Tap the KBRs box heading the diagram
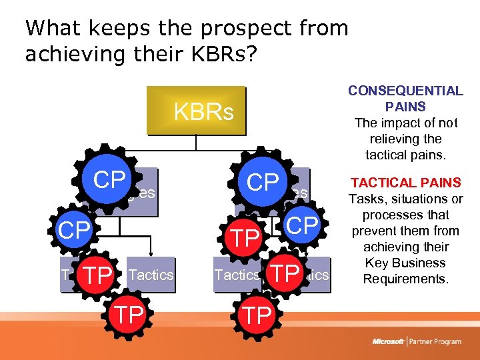coord(203,112)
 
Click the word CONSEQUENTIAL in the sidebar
coord(405,91)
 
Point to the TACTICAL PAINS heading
coord(405,183)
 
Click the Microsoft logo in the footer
coord(387,341)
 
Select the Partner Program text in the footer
coord(436,341)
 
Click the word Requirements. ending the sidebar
coord(405,279)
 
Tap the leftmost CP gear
coord(74,231)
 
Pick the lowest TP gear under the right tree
coord(257,315)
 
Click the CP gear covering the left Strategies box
coord(109,180)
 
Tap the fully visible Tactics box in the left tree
coord(151,275)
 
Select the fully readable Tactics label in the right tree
coord(237,275)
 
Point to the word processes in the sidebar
coord(405,215)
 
